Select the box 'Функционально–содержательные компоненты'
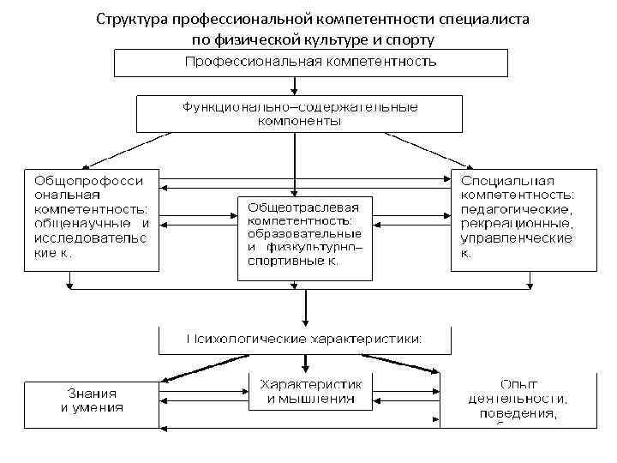click(x=299, y=114)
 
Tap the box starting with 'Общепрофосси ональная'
click(x=91, y=219)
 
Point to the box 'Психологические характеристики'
click(x=305, y=340)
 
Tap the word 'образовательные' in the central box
click(x=304, y=234)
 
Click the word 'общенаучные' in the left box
click(x=73, y=223)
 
